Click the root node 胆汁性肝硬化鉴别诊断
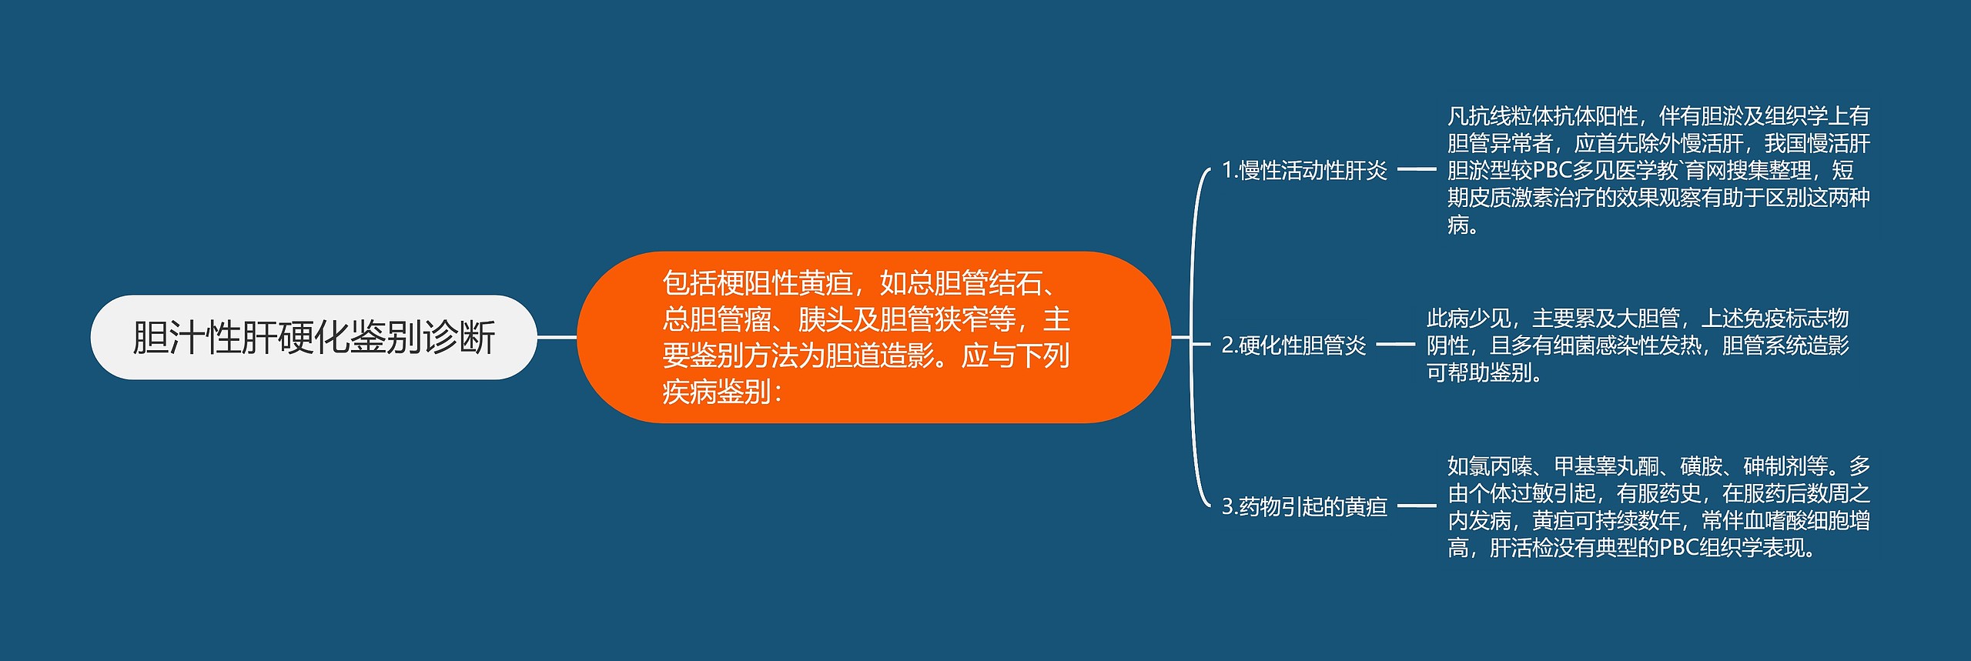point(313,337)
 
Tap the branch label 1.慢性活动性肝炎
point(1304,170)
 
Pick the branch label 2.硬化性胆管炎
point(1293,346)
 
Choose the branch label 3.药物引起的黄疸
point(1304,506)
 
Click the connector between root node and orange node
point(556,337)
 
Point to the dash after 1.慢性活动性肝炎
point(1417,169)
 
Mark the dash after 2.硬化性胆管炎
point(1395,345)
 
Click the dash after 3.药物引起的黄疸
point(1417,506)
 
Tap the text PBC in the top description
point(1551,170)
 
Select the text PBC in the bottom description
point(1678,548)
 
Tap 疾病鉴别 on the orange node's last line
point(717,392)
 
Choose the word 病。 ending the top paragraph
point(1463,225)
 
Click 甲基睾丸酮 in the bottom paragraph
point(1606,466)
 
